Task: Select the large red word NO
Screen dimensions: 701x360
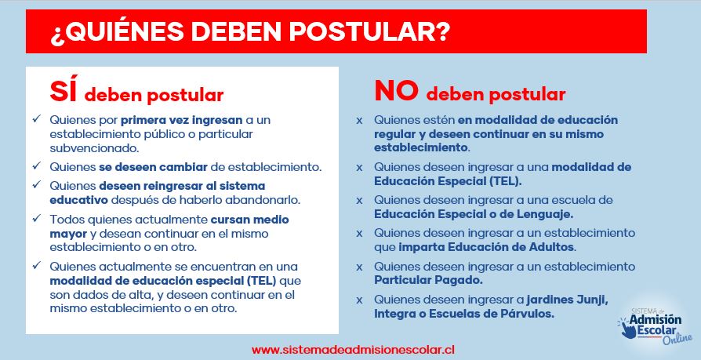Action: tap(396, 92)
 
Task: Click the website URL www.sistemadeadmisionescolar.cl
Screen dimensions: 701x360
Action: tap(353, 349)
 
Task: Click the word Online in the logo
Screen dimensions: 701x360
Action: tap(677, 339)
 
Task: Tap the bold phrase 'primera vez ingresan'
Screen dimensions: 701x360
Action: tap(181, 120)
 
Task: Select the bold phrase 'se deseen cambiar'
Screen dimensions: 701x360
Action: tap(154, 167)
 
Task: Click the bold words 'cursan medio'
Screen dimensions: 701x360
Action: tap(250, 220)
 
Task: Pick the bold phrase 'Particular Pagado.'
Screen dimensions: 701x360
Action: tap(429, 281)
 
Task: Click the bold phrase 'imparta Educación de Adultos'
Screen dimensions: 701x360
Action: tap(486, 247)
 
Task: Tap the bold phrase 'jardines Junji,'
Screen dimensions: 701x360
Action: tap(568, 300)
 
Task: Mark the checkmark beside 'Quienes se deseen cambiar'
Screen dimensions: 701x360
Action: tap(37, 165)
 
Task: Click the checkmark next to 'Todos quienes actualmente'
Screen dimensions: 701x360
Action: tap(37, 218)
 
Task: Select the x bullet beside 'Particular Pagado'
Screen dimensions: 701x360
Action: tap(359, 267)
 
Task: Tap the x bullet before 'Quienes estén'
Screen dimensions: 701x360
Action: tap(359, 121)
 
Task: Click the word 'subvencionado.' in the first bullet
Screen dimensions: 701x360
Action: tap(90, 148)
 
